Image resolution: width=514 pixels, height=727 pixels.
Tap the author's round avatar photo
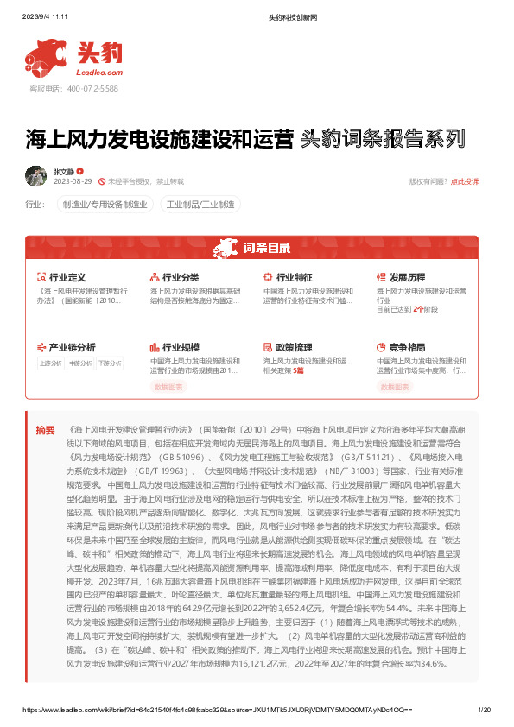[36, 176]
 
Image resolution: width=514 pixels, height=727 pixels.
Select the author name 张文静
[64, 172]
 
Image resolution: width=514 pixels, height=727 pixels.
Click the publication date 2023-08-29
[73, 181]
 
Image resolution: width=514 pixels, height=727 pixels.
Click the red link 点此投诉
[464, 181]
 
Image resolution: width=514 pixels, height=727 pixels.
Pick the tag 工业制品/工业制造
[200, 205]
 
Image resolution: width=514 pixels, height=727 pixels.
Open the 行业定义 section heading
[67, 277]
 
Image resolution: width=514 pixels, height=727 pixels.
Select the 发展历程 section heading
[407, 277]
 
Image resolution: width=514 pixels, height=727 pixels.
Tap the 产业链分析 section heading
[72, 347]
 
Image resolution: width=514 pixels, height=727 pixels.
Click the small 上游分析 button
[51, 363]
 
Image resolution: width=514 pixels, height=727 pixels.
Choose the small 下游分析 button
[109, 363]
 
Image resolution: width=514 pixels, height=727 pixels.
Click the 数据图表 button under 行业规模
[168, 388]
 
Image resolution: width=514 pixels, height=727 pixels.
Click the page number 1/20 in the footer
[484, 710]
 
